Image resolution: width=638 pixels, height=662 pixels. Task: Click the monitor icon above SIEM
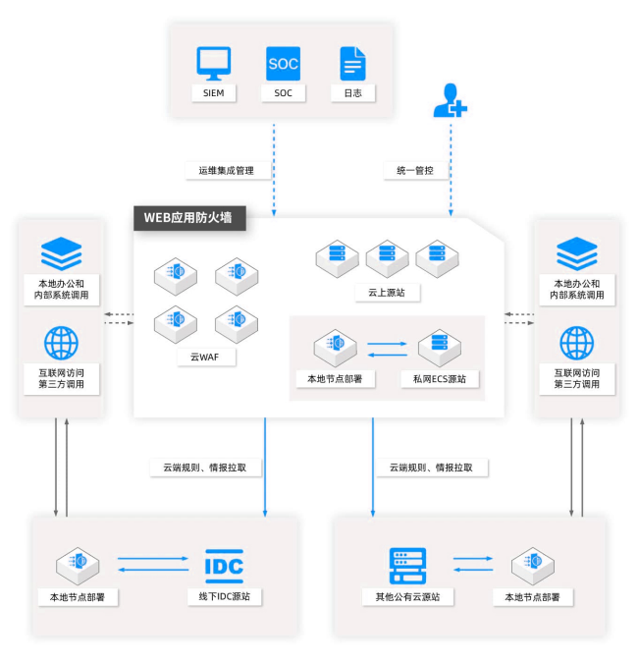point(214,63)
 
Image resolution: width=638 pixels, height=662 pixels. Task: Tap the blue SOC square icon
point(283,63)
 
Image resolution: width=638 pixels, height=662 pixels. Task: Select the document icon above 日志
point(352,63)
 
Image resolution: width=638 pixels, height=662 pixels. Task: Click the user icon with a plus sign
point(450,101)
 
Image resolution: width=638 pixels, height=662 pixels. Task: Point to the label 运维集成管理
point(226,171)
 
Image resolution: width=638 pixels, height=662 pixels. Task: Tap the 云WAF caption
point(192,358)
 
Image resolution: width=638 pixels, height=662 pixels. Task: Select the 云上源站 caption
point(386,293)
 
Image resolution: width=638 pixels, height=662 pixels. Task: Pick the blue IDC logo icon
point(224,565)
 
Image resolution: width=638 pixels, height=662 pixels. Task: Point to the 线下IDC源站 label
point(224,596)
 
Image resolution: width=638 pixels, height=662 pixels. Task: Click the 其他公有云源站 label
point(400,596)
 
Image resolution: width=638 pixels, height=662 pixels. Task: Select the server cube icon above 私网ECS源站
point(440,347)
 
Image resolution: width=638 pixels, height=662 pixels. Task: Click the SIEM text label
point(213,93)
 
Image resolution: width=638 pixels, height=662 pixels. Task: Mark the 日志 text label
point(352,93)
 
